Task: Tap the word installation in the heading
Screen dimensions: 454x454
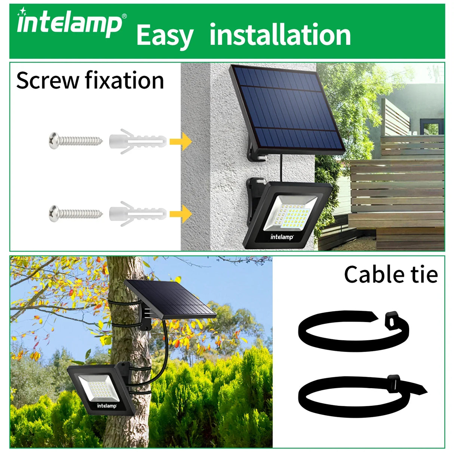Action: pos(280,35)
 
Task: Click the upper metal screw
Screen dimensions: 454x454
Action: pos(75,141)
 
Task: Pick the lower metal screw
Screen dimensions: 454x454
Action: pos(75,214)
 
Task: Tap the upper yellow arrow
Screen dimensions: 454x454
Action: pos(181,141)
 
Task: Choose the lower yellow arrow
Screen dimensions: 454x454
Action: pos(181,214)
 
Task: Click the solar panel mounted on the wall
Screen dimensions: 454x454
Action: pos(287,108)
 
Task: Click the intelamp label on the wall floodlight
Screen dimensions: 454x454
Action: pos(282,237)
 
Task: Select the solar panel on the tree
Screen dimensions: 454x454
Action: pos(170,300)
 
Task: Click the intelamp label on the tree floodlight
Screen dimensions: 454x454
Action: pos(107,406)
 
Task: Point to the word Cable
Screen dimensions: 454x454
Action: pos(375,275)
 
